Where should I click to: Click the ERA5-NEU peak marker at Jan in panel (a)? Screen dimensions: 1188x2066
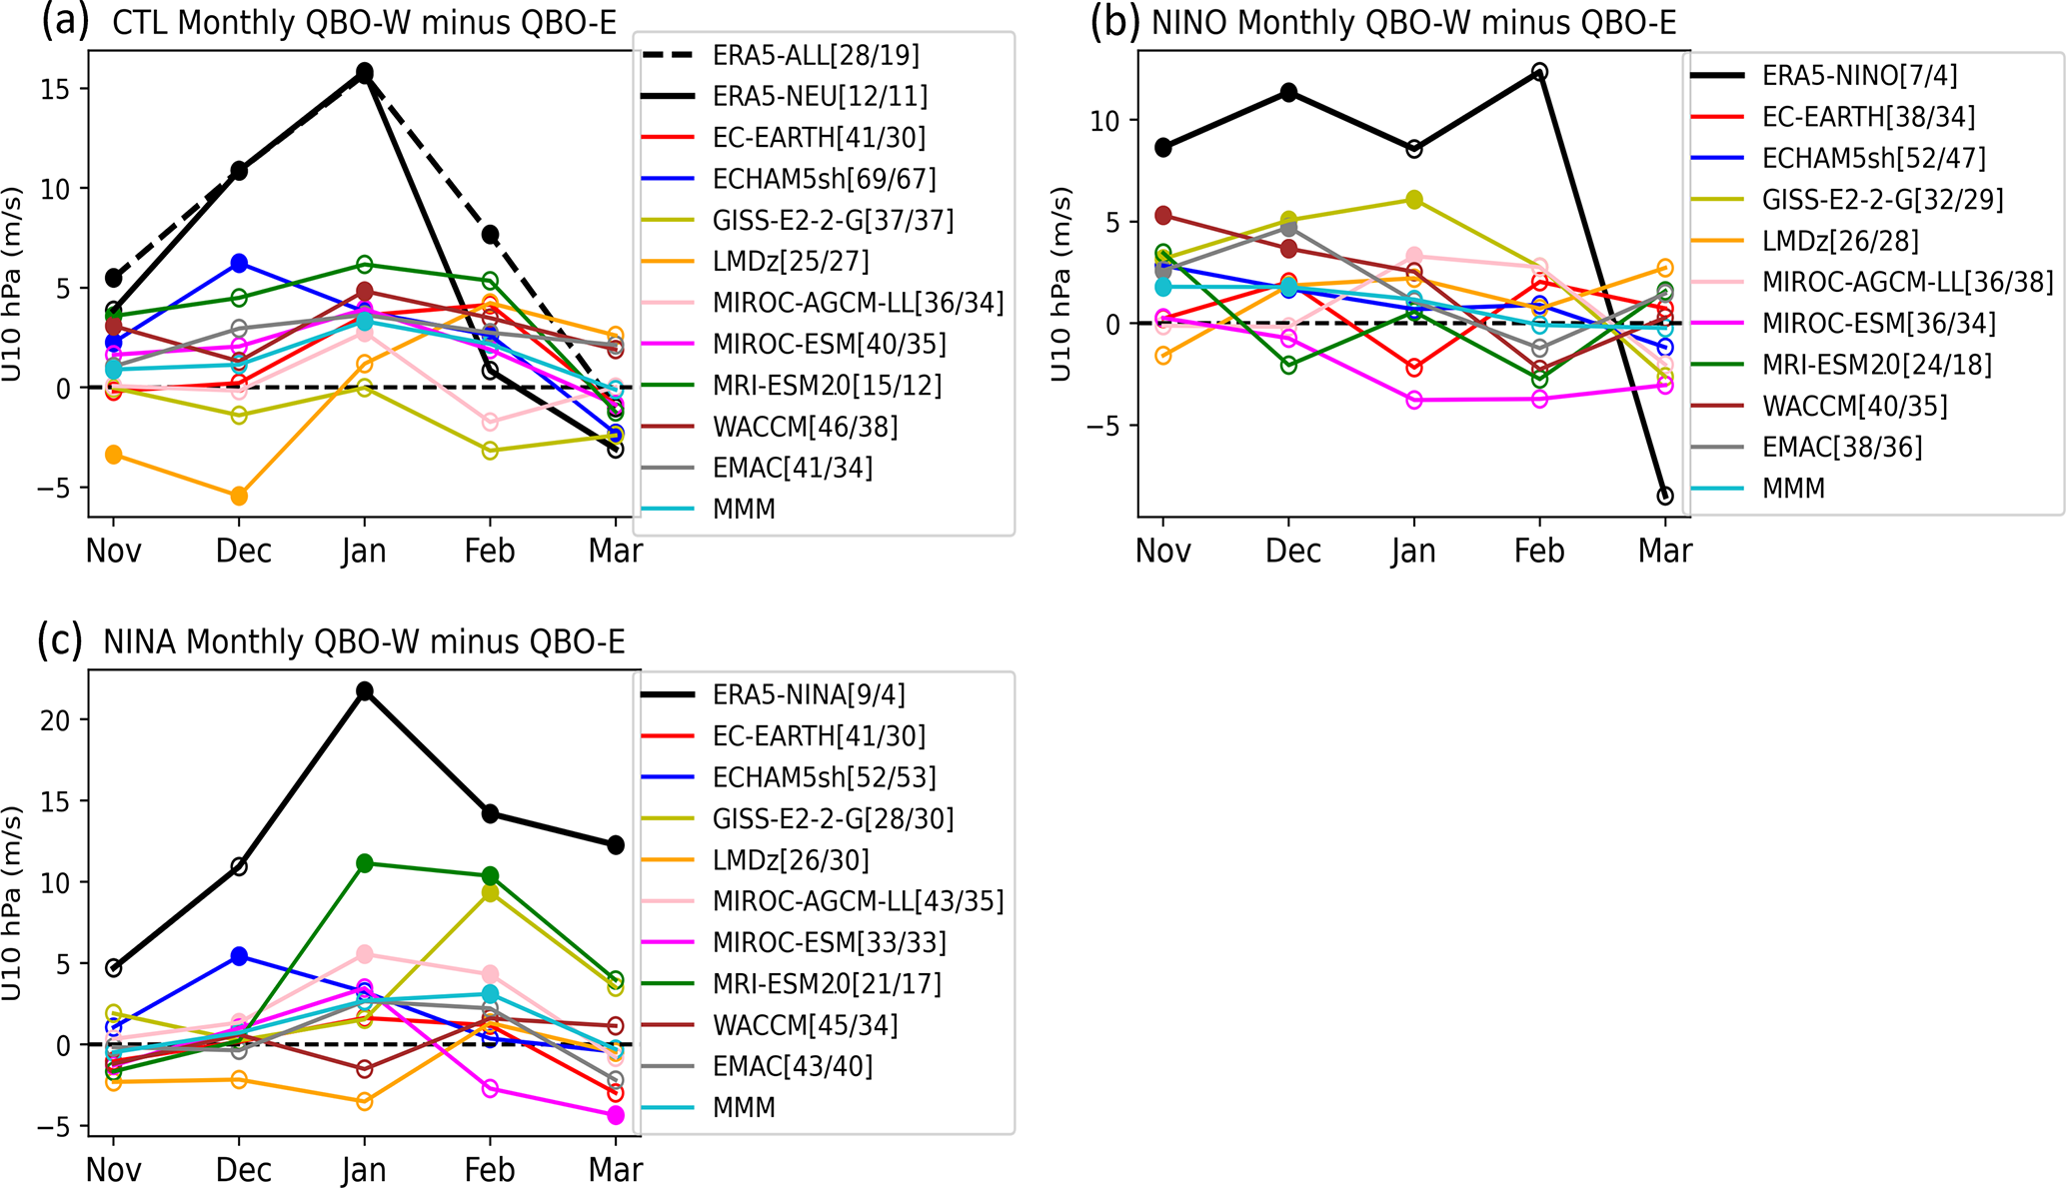tap(365, 72)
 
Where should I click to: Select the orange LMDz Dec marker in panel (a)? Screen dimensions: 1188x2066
tap(239, 496)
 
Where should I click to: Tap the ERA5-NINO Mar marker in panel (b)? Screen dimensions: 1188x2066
tap(1665, 496)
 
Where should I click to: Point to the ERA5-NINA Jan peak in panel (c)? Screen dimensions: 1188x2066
tap(365, 690)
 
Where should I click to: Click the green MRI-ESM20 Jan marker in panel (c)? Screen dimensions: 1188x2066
tap(365, 863)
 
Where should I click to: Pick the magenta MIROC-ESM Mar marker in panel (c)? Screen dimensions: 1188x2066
tap(616, 1115)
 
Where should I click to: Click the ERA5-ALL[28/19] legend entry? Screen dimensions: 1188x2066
tap(815, 55)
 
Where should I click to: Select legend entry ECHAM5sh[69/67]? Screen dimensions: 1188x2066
tap(824, 179)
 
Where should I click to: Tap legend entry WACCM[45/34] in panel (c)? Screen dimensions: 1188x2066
tap(805, 1025)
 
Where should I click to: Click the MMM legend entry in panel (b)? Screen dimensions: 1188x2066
tap(1793, 489)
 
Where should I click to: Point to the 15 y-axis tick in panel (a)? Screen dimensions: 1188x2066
tap(56, 89)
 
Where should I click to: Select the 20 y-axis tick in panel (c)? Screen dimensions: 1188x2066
tap(56, 720)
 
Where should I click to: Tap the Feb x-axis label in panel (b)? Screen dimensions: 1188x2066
tap(1539, 551)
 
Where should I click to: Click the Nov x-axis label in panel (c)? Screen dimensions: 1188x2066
tap(113, 1170)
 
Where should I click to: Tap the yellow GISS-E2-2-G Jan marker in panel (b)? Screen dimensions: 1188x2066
tap(1414, 200)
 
